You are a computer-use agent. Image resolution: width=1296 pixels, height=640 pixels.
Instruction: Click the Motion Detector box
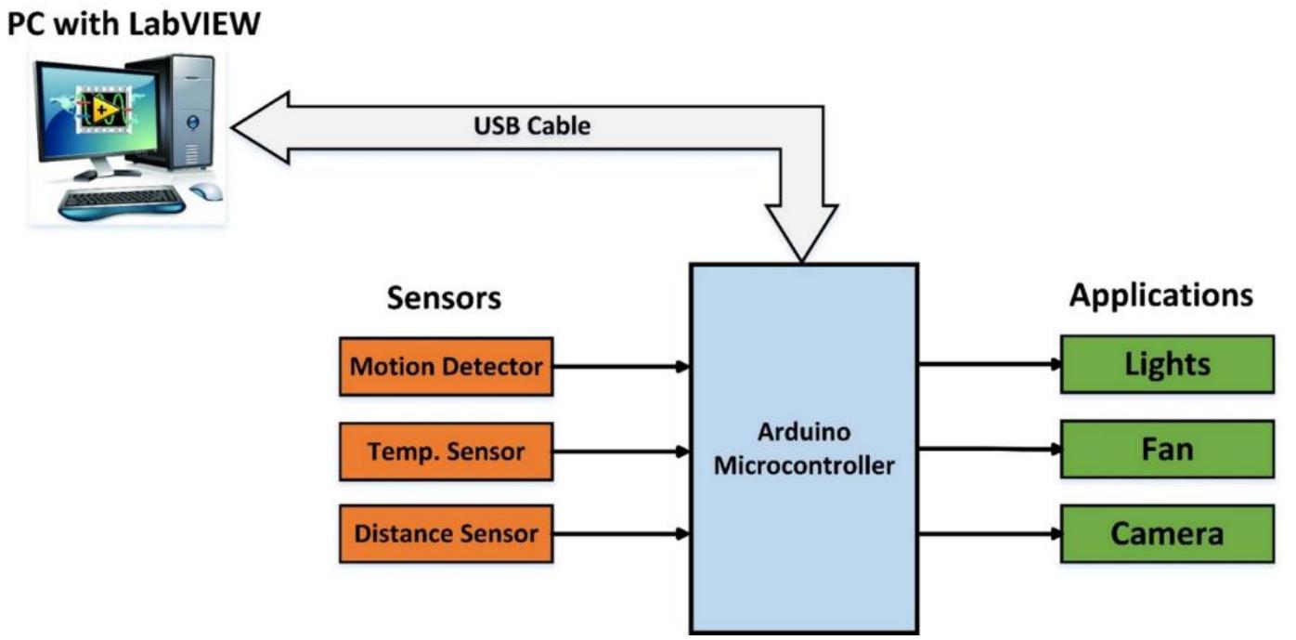point(446,366)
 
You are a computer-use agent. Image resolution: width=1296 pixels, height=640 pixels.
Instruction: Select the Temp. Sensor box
point(446,451)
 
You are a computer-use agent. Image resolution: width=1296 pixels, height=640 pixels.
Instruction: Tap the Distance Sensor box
point(446,534)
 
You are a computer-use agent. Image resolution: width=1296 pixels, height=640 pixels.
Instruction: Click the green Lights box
point(1167,363)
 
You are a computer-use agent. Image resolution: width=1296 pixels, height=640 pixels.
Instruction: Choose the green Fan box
point(1167,450)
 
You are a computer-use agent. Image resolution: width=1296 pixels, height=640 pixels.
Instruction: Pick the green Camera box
point(1167,534)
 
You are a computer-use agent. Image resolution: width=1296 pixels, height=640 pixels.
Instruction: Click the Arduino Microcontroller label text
point(804,450)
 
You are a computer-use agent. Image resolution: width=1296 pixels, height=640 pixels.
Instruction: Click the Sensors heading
point(444,298)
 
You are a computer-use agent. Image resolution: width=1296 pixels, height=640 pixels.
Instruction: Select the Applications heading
point(1160,295)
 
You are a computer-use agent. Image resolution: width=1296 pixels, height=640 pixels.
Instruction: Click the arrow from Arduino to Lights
point(990,363)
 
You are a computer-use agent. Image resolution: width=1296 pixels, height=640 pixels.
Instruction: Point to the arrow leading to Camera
point(990,534)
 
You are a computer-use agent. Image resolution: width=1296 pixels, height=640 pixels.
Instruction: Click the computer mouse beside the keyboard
point(207,191)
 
